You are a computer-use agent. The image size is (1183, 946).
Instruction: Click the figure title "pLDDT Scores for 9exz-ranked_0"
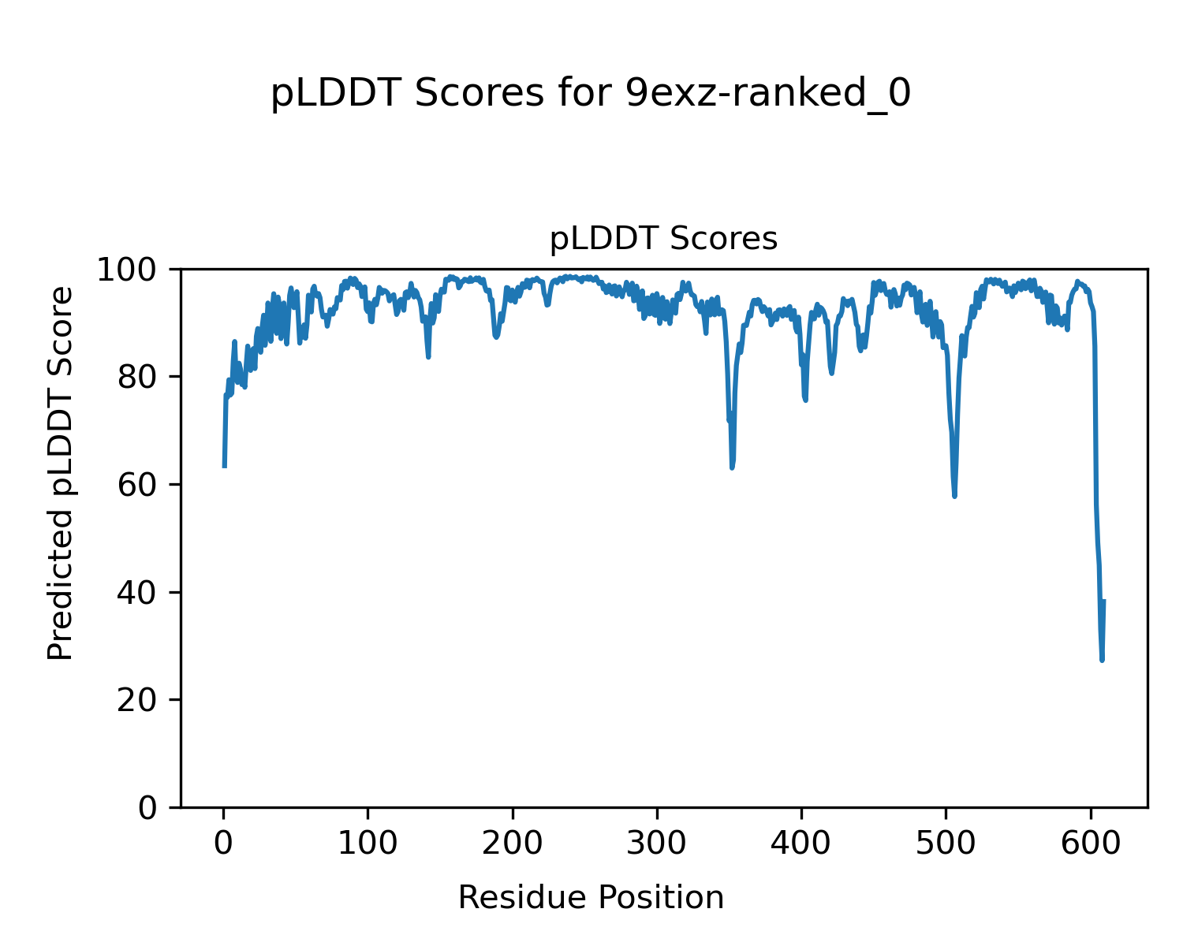click(x=591, y=95)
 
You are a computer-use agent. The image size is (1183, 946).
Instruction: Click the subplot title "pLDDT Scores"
click(x=663, y=239)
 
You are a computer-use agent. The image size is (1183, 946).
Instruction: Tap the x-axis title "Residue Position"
click(x=591, y=897)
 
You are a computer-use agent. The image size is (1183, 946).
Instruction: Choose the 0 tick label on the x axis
click(x=224, y=844)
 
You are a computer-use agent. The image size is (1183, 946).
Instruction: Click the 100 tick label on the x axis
click(x=368, y=844)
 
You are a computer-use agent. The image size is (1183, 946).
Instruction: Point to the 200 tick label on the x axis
click(x=513, y=844)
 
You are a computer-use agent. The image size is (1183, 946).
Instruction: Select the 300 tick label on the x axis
click(x=657, y=844)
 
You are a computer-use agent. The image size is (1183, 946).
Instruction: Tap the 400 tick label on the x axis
click(x=801, y=844)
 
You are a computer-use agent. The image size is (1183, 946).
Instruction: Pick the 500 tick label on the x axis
click(x=946, y=844)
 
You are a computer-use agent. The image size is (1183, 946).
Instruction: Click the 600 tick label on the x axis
click(x=1090, y=844)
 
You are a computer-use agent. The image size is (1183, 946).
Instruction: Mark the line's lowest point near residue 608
click(x=1102, y=660)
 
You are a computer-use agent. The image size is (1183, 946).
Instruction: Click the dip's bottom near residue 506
click(x=954, y=496)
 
